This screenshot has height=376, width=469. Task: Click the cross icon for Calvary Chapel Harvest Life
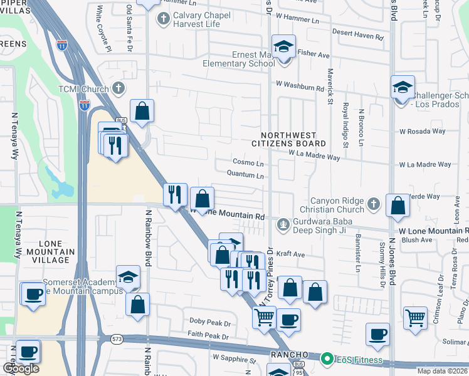(164, 18)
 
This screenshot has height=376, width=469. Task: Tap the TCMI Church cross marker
(117, 88)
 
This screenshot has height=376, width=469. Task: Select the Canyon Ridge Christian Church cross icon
(373, 203)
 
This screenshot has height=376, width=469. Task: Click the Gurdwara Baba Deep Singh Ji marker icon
(284, 223)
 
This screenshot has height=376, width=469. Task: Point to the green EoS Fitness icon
(326, 359)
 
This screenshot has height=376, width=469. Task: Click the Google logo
(21, 368)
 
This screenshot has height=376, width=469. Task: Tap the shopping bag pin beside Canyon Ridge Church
(398, 205)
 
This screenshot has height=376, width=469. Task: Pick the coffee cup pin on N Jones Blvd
(377, 335)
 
